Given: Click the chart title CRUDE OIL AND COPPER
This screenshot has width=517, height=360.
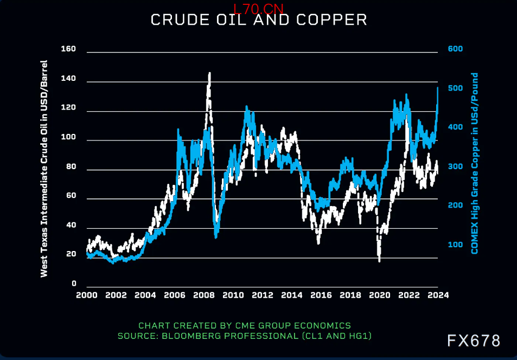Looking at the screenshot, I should pos(258,20).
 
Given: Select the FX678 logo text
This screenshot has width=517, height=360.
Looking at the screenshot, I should pos(473,340).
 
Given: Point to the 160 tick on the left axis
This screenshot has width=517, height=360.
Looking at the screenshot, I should pos(68,49).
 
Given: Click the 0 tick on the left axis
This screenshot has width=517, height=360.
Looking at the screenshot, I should pos(74,284).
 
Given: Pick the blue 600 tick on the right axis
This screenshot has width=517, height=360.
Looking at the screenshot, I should pos(455,49).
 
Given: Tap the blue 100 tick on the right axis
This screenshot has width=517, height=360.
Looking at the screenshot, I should pos(455,245).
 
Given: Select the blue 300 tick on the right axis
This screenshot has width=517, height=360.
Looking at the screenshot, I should pos(455,166).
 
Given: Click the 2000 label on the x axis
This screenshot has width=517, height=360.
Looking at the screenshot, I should pos(87,295).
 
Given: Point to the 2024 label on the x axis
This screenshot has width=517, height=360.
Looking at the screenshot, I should pos(438,295).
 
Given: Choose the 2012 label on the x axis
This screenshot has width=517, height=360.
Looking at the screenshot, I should pos(262,295).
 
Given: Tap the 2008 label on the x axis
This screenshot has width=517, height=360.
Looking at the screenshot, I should pos(203,295).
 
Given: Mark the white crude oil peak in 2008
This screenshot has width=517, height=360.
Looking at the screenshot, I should pos(209,73).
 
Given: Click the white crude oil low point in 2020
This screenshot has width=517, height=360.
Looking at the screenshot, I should pos(379,261).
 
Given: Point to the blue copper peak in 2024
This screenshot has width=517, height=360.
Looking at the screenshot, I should pos(437,87).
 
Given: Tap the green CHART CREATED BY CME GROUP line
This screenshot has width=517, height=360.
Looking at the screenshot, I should pos(245,326).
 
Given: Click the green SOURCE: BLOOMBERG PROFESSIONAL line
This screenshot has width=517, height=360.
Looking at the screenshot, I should pos(245,336).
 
